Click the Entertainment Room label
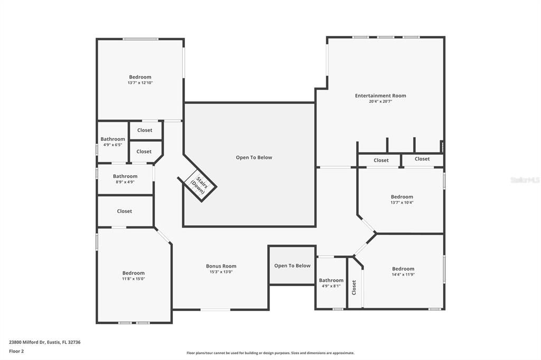pyautogui.click(x=380, y=96)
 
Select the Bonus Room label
pyautogui.click(x=221, y=266)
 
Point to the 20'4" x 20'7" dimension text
pyautogui.click(x=380, y=101)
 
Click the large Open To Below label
pyautogui.click(x=254, y=157)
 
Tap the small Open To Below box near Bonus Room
pyautogui.click(x=292, y=266)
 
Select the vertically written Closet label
pyautogui.click(x=354, y=287)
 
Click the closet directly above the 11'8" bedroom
pyautogui.click(x=125, y=211)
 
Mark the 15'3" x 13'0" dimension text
pyautogui.click(x=221, y=272)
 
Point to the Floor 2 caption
pyautogui.click(x=16, y=350)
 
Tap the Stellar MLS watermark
pyautogui.click(x=525, y=180)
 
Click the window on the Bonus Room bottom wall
pyautogui.click(x=215, y=309)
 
